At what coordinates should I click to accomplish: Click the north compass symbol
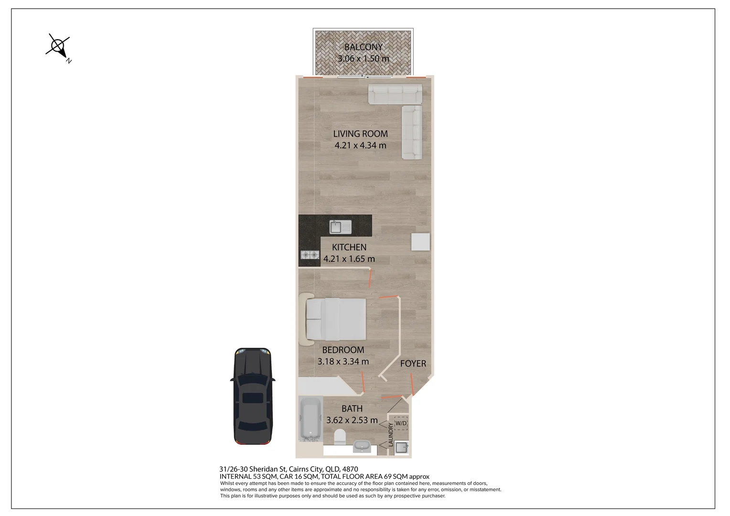click(58, 48)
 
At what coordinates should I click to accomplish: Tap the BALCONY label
click(364, 47)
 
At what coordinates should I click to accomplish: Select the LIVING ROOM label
click(360, 134)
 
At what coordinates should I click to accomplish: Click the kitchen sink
click(340, 227)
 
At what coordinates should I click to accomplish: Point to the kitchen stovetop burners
click(310, 255)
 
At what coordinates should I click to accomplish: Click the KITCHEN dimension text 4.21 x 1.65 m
click(349, 259)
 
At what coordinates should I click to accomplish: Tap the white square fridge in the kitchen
click(420, 242)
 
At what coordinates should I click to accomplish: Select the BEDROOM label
click(343, 350)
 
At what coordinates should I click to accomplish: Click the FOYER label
click(413, 364)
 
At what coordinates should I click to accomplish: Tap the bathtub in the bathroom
click(310, 419)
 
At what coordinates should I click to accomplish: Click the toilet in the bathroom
click(340, 437)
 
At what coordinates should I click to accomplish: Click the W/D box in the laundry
click(401, 423)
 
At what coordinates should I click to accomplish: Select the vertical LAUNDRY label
click(391, 434)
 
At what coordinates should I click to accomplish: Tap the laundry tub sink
click(401, 448)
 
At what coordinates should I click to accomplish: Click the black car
click(253, 396)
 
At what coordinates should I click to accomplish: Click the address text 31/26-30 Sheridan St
click(253, 469)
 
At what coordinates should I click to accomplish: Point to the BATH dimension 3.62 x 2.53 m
click(352, 420)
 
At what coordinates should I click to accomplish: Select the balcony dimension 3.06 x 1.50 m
click(364, 59)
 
